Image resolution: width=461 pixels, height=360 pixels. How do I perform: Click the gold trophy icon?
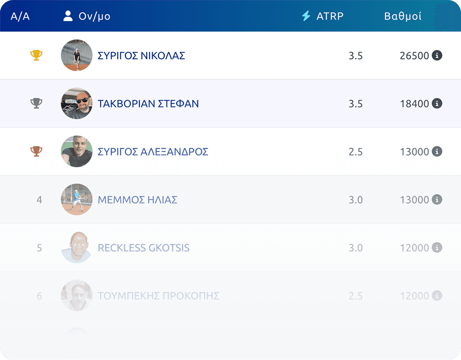tap(36, 55)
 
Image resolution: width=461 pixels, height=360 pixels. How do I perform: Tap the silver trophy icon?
tap(36, 103)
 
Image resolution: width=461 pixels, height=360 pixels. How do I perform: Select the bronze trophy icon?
tap(36, 151)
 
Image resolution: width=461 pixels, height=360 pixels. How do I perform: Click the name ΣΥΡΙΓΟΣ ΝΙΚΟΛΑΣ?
tap(141, 56)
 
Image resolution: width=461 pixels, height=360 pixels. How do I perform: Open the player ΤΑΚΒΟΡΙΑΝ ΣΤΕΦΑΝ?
tap(148, 104)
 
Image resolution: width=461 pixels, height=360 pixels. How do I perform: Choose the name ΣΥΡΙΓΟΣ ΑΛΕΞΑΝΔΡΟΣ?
tap(153, 152)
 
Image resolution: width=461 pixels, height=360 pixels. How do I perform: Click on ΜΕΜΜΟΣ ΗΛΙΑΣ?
tap(138, 200)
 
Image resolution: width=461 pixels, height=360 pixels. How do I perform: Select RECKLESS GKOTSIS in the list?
tap(144, 248)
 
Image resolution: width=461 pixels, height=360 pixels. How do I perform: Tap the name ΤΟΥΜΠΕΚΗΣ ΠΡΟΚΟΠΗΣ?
tap(159, 296)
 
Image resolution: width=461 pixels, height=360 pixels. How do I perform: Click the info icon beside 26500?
tap(437, 55)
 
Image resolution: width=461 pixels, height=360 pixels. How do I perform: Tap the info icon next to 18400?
tap(437, 103)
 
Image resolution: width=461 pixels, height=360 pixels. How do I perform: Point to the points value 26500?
tap(414, 56)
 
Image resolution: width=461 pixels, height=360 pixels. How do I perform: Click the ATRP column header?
tap(330, 16)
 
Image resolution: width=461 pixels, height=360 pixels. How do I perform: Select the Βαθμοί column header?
tap(403, 16)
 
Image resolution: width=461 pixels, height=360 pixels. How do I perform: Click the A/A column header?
tap(20, 16)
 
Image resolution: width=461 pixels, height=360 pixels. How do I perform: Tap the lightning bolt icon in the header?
tap(306, 16)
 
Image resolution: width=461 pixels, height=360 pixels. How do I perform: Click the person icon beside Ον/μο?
tap(68, 16)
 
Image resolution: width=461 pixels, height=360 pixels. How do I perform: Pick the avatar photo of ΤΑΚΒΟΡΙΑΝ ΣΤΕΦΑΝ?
tap(77, 103)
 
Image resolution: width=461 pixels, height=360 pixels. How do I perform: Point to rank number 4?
tap(39, 200)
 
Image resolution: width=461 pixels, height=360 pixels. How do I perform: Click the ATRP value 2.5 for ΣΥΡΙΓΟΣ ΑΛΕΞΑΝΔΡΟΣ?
tap(355, 152)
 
